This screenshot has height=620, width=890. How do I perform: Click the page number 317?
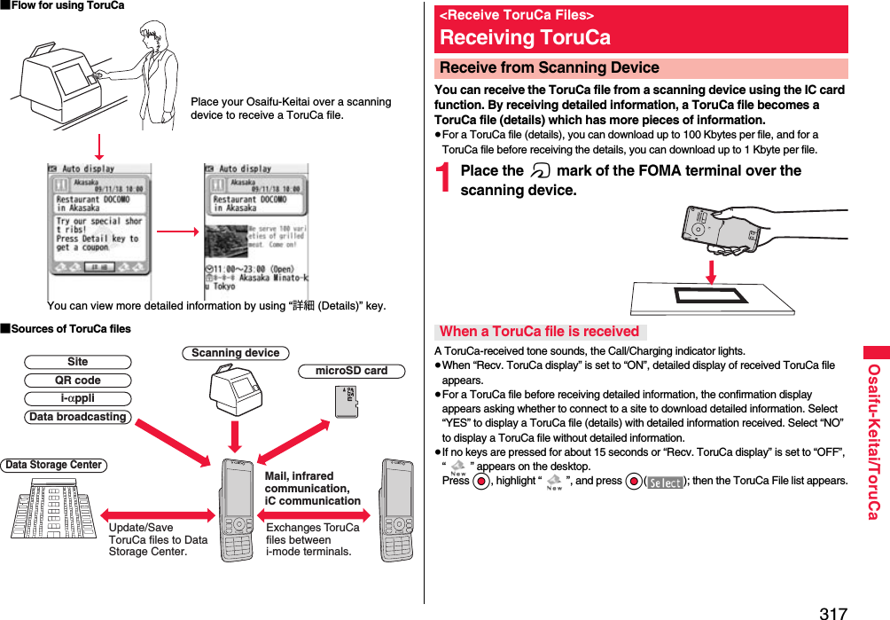[x=832, y=611]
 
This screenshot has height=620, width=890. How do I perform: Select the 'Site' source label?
[x=78, y=362]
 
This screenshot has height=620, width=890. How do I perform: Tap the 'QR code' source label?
[x=78, y=381]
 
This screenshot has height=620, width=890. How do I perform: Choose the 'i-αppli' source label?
[x=78, y=398]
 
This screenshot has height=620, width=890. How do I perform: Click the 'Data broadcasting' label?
[x=78, y=417]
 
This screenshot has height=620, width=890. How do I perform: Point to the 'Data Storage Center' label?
[x=54, y=465]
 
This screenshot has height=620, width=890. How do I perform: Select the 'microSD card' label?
[x=351, y=371]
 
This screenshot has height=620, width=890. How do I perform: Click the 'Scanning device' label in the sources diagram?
[x=236, y=353]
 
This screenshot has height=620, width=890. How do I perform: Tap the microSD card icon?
[x=347, y=402]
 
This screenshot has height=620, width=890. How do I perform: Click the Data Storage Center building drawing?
[x=53, y=507]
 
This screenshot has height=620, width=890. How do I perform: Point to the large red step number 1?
[x=446, y=181]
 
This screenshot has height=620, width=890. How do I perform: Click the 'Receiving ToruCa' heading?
[x=525, y=37]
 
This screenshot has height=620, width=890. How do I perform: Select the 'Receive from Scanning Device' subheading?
[x=549, y=68]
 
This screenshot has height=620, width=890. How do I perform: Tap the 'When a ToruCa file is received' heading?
[x=539, y=332]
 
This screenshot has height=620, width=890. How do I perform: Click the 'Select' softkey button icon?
[x=665, y=482]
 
